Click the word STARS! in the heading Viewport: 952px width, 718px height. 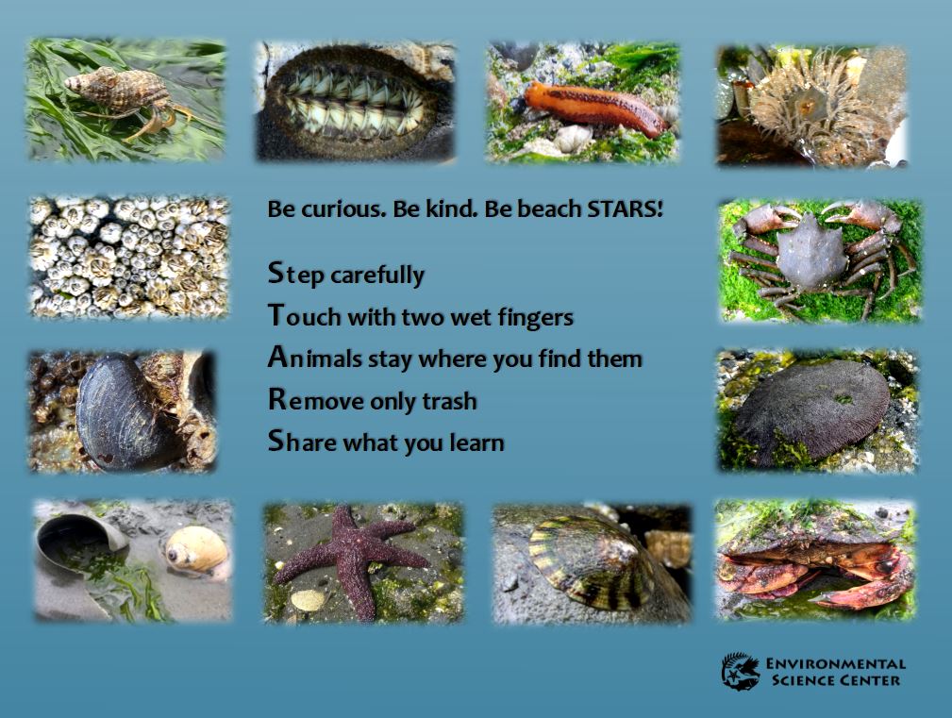(x=625, y=209)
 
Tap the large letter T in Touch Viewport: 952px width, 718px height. (x=276, y=315)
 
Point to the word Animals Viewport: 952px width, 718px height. (x=314, y=359)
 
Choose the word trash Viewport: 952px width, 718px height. (x=448, y=401)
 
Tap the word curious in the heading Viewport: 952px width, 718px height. (x=340, y=209)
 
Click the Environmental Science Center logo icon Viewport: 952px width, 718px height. (x=741, y=671)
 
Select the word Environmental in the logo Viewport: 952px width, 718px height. (x=836, y=664)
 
